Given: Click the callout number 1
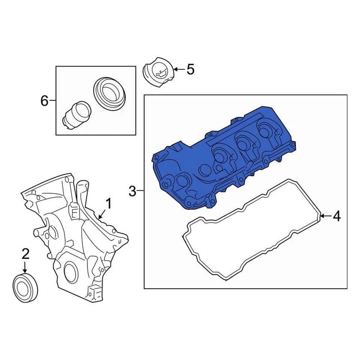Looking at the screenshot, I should (108, 204).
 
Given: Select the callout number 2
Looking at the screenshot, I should (25, 254).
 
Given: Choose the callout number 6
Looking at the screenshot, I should (44, 100).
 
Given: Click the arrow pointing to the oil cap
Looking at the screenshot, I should (179, 69).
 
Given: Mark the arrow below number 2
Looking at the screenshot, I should (25, 267).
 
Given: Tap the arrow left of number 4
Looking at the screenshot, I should (325, 216).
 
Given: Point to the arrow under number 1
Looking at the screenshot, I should (101, 214).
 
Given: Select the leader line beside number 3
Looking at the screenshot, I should (140, 191).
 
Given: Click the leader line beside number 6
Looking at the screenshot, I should (52, 100).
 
